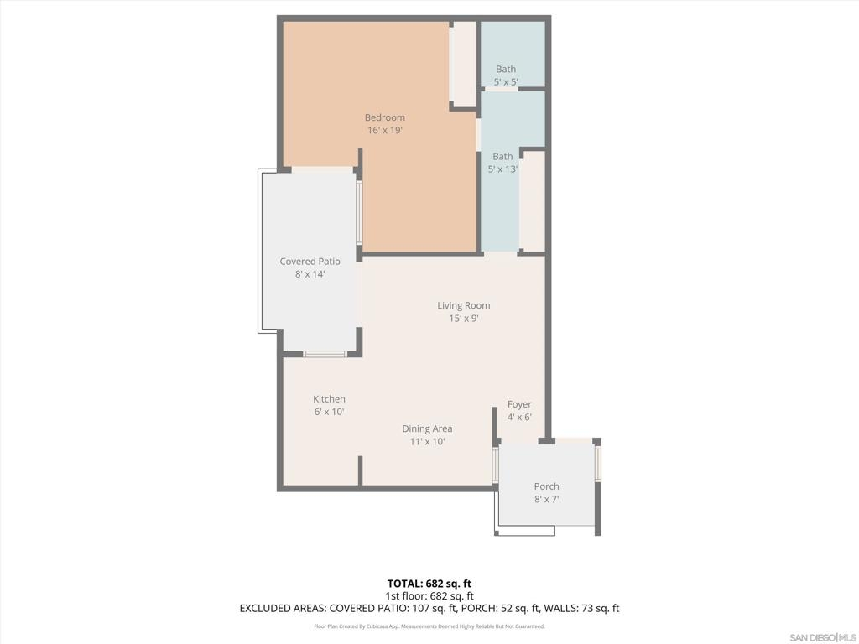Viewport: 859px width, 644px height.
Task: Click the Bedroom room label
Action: pyautogui.click(x=385, y=117)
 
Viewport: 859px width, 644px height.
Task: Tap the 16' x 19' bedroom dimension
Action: pyautogui.click(x=385, y=130)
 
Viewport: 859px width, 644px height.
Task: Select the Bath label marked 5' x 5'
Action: pyautogui.click(x=506, y=69)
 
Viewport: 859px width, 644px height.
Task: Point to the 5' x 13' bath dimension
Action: pyautogui.click(x=502, y=169)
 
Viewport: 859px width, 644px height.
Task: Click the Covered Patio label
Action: pyautogui.click(x=310, y=262)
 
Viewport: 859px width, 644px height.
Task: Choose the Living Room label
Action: pyautogui.click(x=463, y=305)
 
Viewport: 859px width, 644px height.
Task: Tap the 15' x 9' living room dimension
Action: pyautogui.click(x=463, y=318)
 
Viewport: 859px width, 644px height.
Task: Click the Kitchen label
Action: pyautogui.click(x=329, y=399)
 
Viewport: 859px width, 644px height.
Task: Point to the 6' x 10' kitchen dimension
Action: pyautogui.click(x=329, y=412)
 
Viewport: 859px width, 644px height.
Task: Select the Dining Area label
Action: pyautogui.click(x=427, y=428)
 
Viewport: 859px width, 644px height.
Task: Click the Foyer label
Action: pyautogui.click(x=519, y=404)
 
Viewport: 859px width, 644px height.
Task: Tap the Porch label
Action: pyautogui.click(x=547, y=486)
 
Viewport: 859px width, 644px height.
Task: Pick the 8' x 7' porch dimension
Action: pyautogui.click(x=547, y=499)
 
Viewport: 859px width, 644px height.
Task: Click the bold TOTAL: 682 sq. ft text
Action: pyautogui.click(x=429, y=584)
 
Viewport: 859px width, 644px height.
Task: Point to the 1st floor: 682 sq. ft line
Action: pyautogui.click(x=429, y=596)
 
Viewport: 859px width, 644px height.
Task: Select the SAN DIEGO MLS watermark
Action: pyautogui.click(x=822, y=638)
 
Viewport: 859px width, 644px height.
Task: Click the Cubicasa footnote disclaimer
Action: pyautogui.click(x=429, y=626)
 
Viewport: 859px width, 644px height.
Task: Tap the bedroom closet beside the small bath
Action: pyautogui.click(x=463, y=64)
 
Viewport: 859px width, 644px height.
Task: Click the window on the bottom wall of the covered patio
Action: pyautogui.click(x=325, y=355)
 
